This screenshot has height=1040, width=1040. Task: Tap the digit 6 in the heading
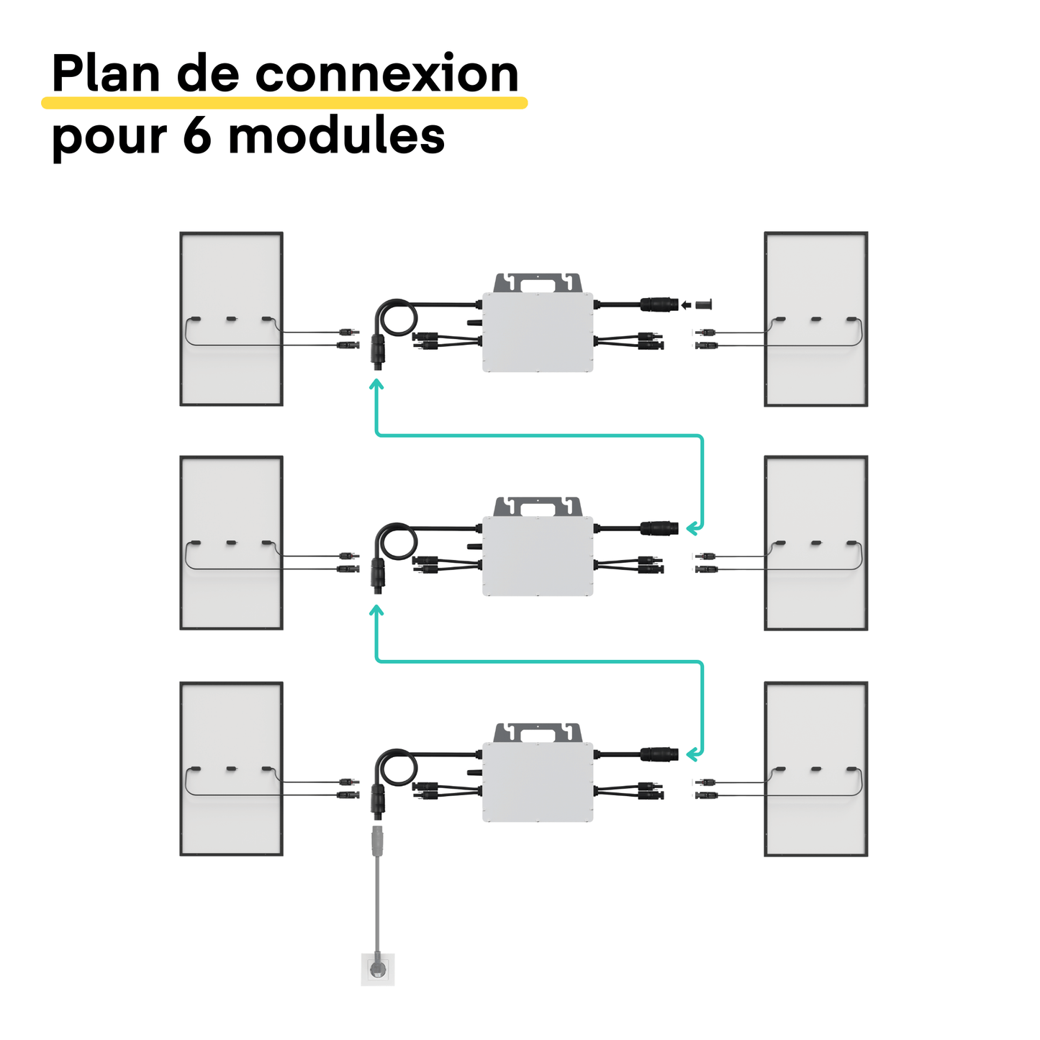(x=196, y=135)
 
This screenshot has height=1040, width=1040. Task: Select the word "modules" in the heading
(x=336, y=135)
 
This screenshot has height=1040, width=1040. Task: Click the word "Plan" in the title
(x=106, y=74)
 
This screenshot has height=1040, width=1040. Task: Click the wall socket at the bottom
(x=377, y=969)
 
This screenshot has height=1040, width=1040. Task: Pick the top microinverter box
(x=538, y=332)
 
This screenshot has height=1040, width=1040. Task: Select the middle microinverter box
(x=538, y=556)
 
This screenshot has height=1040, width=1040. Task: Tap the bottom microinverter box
(x=538, y=782)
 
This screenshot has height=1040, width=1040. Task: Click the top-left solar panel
(x=231, y=319)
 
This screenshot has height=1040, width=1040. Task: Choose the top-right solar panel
(x=815, y=319)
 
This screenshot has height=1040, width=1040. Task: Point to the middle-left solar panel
(x=231, y=543)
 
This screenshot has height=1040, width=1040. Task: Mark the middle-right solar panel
(x=815, y=543)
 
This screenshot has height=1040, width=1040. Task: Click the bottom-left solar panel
(x=231, y=769)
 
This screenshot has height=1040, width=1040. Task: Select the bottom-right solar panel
(x=815, y=769)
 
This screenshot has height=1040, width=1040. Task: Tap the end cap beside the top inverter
(x=704, y=304)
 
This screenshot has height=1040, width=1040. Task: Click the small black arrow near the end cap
(x=686, y=305)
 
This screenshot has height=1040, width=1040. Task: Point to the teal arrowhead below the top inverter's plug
(x=376, y=385)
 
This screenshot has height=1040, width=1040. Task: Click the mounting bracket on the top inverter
(x=538, y=282)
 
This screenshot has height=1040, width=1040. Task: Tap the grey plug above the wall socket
(x=376, y=842)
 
